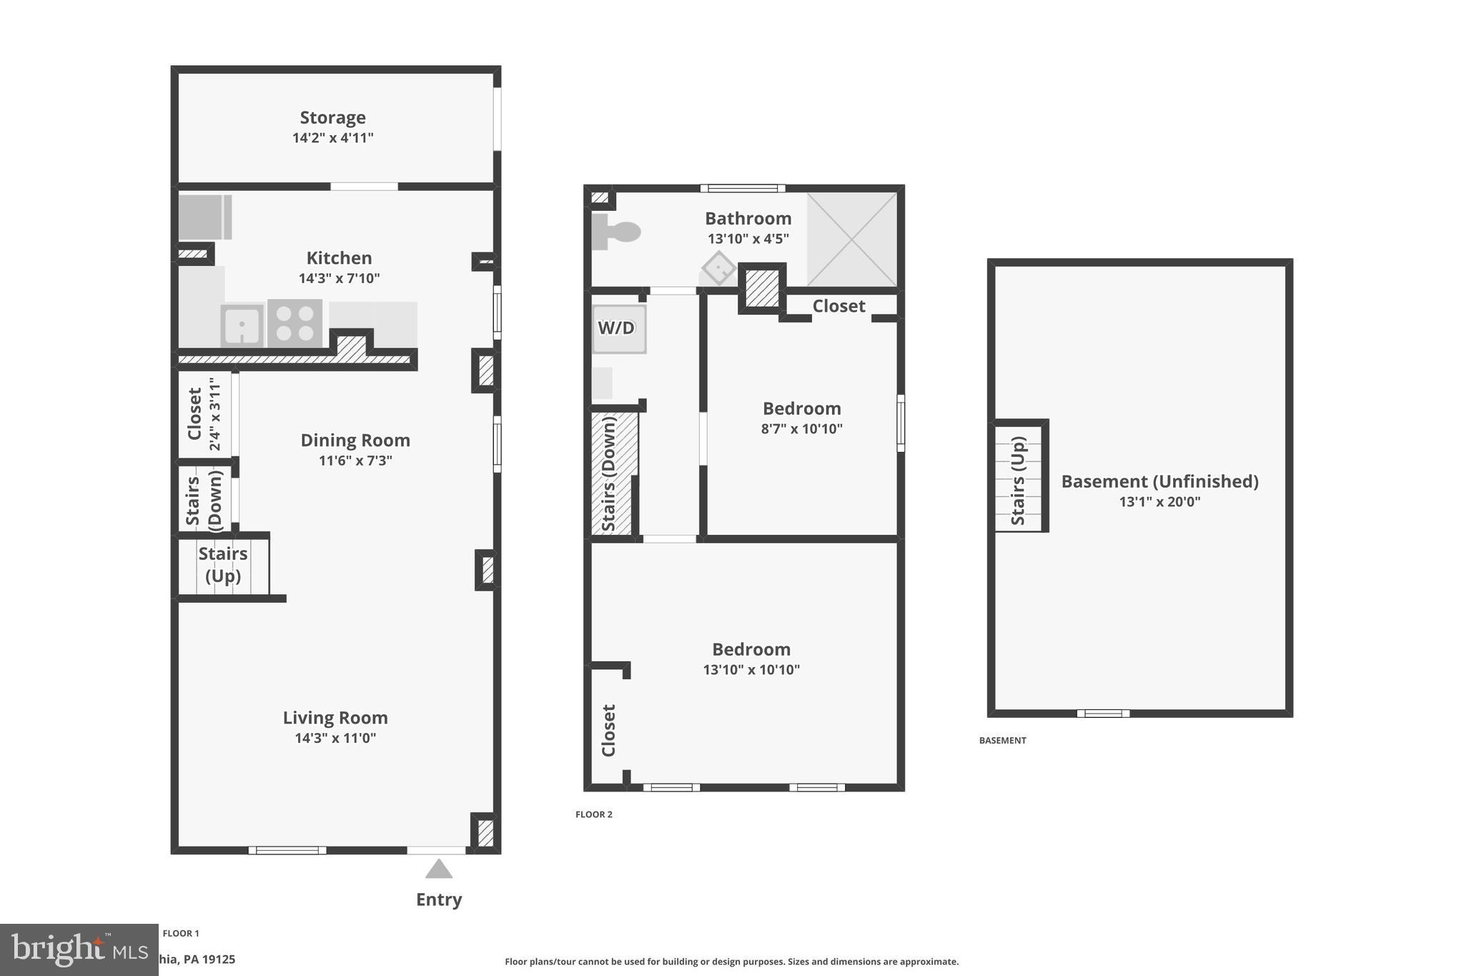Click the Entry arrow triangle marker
(x=438, y=869)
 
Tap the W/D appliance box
(x=618, y=329)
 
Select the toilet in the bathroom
(x=616, y=232)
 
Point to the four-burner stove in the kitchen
(x=295, y=323)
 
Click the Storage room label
(x=332, y=117)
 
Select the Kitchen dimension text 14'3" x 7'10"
(x=339, y=278)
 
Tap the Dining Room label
(x=355, y=440)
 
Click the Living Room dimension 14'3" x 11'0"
(x=335, y=738)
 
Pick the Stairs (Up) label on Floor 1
(x=223, y=564)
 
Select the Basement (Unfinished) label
(x=1159, y=481)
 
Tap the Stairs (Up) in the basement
(x=1019, y=480)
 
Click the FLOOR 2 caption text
(x=594, y=814)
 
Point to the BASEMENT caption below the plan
(x=1002, y=741)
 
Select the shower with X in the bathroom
(x=851, y=240)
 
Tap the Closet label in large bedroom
(x=608, y=730)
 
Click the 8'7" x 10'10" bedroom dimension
(x=801, y=429)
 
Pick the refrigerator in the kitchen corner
(x=204, y=217)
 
